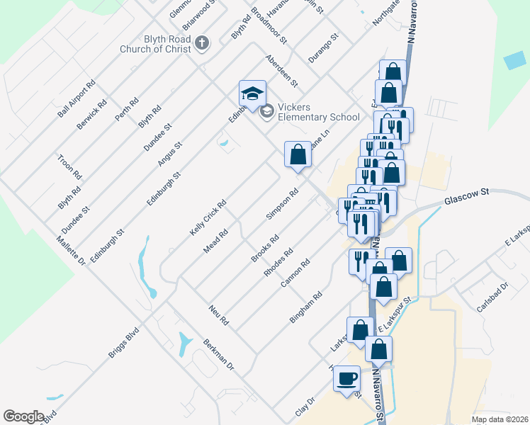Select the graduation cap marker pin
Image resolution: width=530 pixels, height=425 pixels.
point(252,93)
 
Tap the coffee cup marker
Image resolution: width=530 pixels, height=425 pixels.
point(346,378)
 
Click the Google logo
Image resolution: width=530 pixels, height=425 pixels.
point(23,416)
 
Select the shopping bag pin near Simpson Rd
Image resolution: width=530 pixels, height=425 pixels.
point(298,154)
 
